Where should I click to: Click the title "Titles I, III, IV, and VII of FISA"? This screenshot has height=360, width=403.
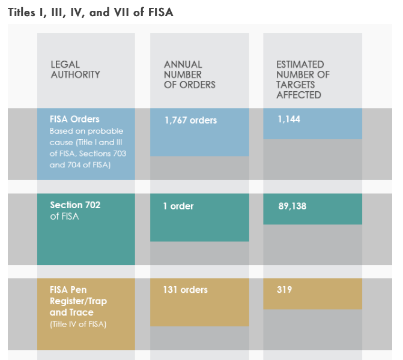(x=91, y=12)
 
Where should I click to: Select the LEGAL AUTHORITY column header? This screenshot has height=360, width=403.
(x=75, y=70)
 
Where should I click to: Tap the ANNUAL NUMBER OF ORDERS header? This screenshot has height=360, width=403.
(x=189, y=74)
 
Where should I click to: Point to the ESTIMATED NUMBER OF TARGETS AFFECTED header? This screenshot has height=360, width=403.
(x=303, y=79)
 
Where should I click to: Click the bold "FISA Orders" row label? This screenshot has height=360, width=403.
(x=75, y=119)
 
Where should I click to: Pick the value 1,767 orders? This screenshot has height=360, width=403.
(x=190, y=120)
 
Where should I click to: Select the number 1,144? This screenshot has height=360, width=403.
(x=289, y=119)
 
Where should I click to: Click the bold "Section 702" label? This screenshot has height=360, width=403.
(x=75, y=205)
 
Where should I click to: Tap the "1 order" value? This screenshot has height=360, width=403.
(x=178, y=206)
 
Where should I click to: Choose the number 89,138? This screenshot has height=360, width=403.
(x=292, y=206)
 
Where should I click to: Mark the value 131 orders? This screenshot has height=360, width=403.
(x=185, y=290)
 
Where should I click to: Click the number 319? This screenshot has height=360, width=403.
(x=285, y=290)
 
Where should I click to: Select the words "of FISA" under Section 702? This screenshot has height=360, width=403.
(x=65, y=217)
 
